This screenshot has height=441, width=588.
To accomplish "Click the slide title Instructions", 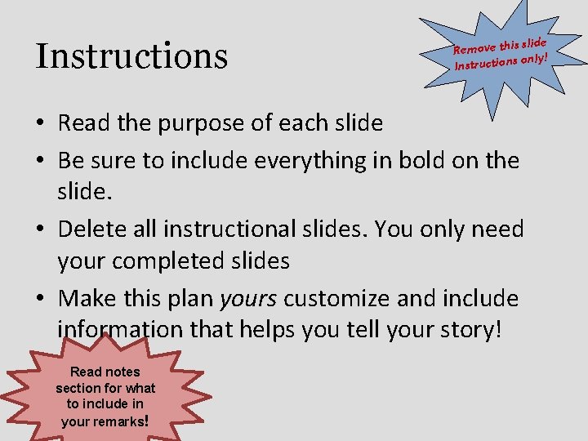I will click(x=131, y=56).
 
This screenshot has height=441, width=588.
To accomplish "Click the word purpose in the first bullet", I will click(x=197, y=123).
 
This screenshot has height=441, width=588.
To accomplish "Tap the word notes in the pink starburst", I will click(x=122, y=372).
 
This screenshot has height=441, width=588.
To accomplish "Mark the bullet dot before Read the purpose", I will click(x=41, y=124).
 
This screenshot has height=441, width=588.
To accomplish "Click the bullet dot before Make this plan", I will click(x=41, y=298).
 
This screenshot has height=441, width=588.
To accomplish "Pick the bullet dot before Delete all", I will click(x=41, y=229).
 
